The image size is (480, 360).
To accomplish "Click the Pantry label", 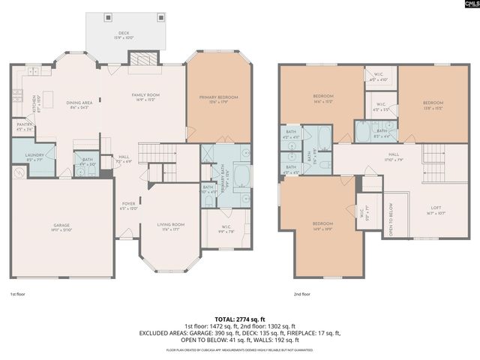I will point(23,127).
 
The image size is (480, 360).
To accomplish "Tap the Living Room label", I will point(171,226).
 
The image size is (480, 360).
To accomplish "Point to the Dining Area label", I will point(79,105).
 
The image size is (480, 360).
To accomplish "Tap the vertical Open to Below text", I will point(389,219).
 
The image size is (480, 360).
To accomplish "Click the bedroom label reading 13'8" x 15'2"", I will point(433,104).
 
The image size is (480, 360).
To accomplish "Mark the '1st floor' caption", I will point(19,295).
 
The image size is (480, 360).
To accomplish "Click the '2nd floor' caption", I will point(302,295).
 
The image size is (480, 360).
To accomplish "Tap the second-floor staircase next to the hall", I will point(434,154).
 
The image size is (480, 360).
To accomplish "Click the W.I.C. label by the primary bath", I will point(224,229).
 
